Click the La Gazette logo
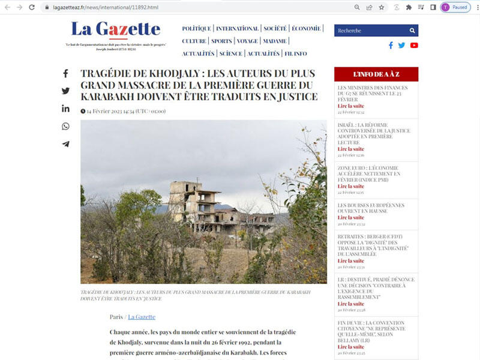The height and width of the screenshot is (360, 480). [x=115, y=29]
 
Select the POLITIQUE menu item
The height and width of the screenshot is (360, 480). [x=196, y=28]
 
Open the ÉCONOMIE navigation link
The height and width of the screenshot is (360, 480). [x=306, y=28]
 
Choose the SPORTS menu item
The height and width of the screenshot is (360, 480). [x=221, y=41]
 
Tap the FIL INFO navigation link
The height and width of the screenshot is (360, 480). [x=296, y=53]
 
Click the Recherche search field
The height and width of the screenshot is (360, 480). [x=369, y=31]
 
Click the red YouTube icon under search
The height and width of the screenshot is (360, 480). [x=414, y=45]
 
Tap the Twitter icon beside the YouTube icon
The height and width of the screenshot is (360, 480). [x=402, y=45]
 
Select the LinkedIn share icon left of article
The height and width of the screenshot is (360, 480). [x=65, y=109]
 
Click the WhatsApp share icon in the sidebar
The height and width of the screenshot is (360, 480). [x=65, y=126]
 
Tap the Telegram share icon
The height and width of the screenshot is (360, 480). [x=65, y=144]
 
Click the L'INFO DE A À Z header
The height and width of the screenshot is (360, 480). [x=376, y=74]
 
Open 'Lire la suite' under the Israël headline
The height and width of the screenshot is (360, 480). [x=351, y=149]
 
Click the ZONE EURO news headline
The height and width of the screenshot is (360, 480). [x=368, y=174]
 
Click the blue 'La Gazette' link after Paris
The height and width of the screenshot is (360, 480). [x=142, y=317]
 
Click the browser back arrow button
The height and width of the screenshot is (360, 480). [x=7, y=7]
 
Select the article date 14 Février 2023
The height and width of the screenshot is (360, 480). [x=107, y=111]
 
